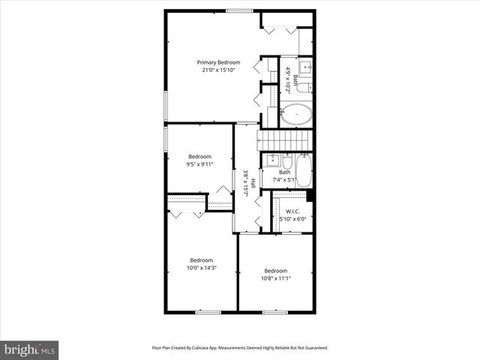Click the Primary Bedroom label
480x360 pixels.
[219, 62]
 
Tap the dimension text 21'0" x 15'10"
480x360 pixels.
[219, 70]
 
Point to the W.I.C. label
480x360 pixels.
[292, 211]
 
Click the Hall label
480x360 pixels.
[253, 184]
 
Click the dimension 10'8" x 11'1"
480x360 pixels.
[275, 278]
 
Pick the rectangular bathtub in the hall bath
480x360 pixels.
[303, 170]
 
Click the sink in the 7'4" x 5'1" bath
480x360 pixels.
[272, 160]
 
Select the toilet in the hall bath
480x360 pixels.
[286, 160]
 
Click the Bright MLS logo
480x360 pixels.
[29, 349]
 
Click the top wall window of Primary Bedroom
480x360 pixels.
[239, 10]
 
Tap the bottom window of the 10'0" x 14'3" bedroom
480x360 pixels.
[206, 311]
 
